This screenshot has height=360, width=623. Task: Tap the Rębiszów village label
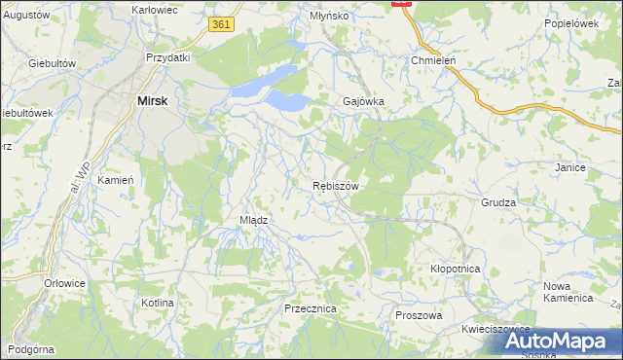click(x=337, y=186)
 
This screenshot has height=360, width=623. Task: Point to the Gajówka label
click(x=365, y=101)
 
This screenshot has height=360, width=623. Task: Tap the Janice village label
click(x=569, y=167)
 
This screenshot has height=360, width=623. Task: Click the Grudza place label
click(x=497, y=203)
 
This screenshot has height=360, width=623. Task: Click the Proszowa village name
click(x=420, y=315)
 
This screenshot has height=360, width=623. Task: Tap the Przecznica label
click(x=311, y=307)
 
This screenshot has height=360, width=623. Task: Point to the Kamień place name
click(x=116, y=180)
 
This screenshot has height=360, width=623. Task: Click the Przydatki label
click(x=167, y=57)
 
